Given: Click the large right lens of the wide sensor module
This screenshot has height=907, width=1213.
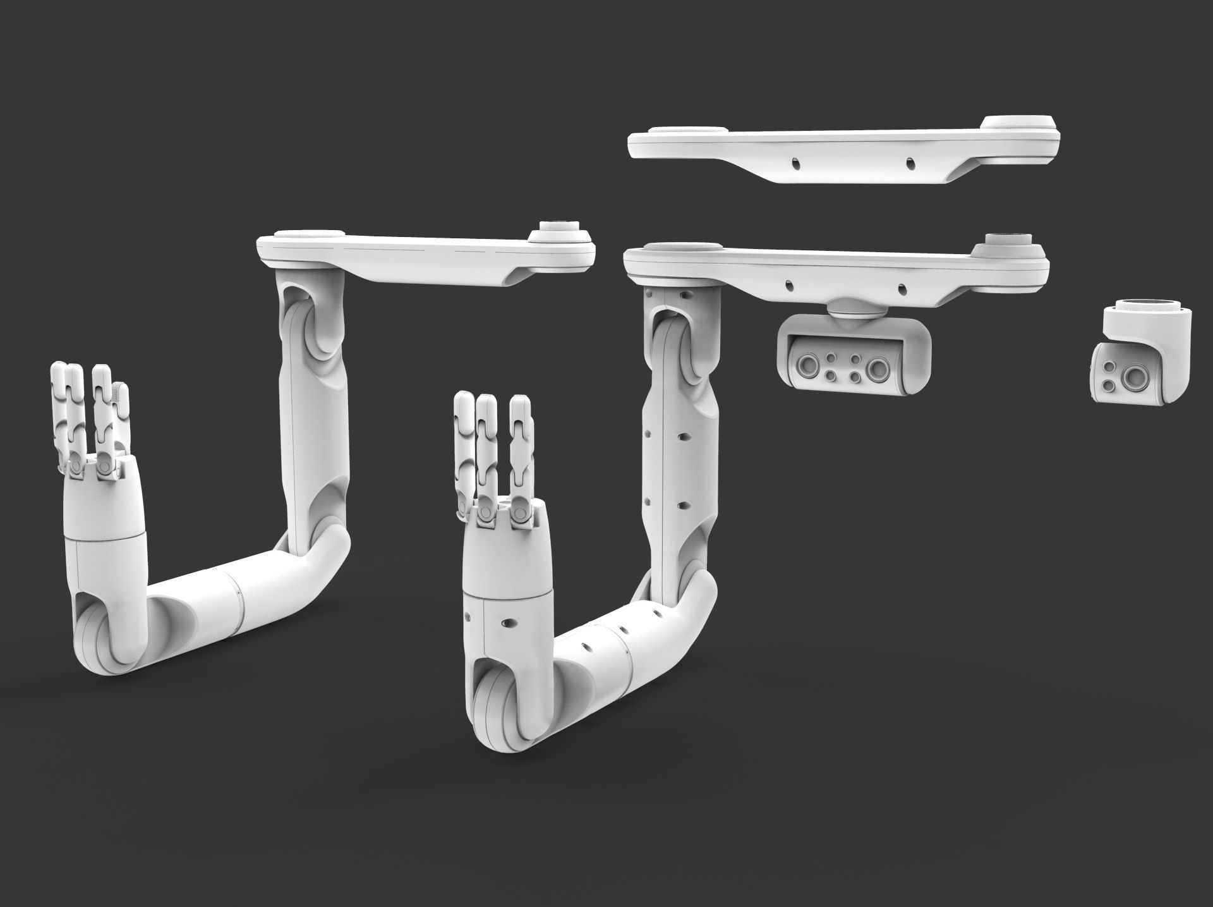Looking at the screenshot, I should click(878, 367).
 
